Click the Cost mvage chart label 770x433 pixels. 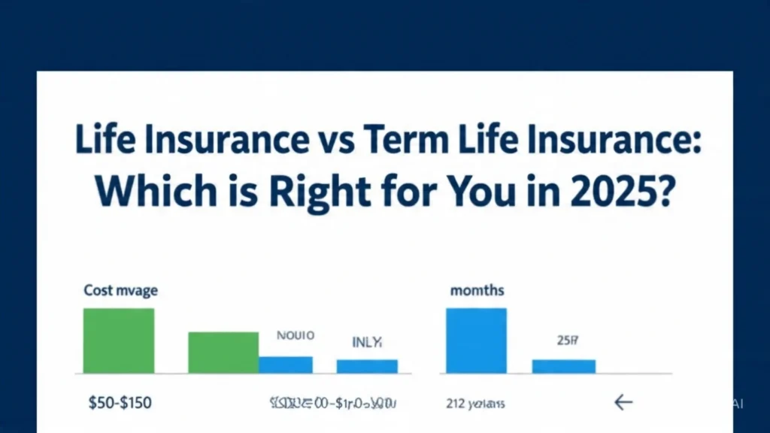pyautogui.click(x=120, y=289)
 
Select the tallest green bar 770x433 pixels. pyautogui.click(x=118, y=341)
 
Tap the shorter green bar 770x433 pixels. pyautogui.click(x=223, y=353)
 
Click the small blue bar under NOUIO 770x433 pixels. pyautogui.click(x=286, y=365)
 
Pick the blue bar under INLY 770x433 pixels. pyautogui.click(x=367, y=366)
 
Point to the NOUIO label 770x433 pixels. pyautogui.click(x=296, y=336)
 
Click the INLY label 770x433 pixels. pyautogui.click(x=367, y=342)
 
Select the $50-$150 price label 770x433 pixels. pyautogui.click(x=119, y=403)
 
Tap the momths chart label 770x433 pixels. pyautogui.click(x=477, y=290)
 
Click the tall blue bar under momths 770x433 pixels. pyautogui.click(x=476, y=341)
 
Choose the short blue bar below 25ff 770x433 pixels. pyautogui.click(x=564, y=366)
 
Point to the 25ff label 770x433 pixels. pyautogui.click(x=567, y=341)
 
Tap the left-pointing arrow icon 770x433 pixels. pyautogui.click(x=623, y=403)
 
